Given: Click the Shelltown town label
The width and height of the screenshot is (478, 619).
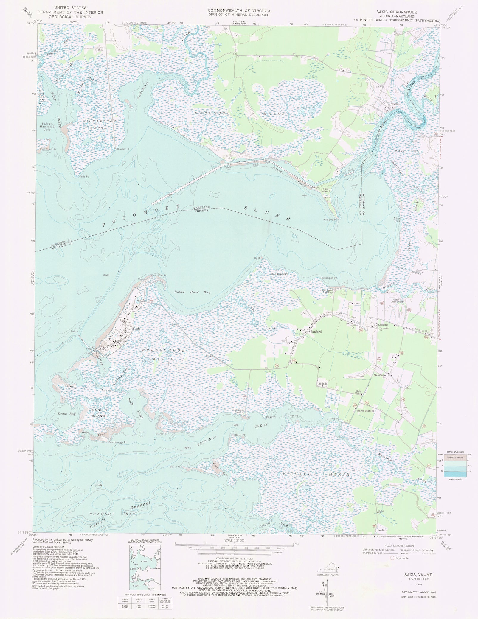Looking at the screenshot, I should pos(397,105).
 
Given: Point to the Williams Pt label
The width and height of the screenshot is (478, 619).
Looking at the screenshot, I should pos(330,220).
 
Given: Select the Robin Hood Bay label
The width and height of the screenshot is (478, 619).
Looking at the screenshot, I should pos(192,292).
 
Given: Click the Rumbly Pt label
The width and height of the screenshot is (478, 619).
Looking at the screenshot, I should pos(123,149).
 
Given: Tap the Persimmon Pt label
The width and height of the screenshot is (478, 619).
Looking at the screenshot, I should pos(329,278).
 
